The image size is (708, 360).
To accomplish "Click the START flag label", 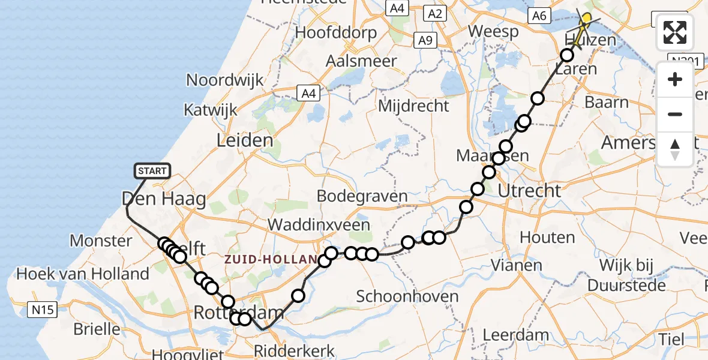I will [x=152, y=172].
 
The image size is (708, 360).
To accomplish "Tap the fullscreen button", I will [x=675, y=32].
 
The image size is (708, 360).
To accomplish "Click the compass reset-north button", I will [x=675, y=149].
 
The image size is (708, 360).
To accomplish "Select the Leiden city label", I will [x=245, y=141].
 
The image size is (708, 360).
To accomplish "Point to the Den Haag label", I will [x=164, y=199].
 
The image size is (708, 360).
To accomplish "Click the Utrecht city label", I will [x=529, y=191].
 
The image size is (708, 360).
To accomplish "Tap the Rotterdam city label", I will [x=238, y=312].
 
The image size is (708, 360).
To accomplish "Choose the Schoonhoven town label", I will [x=407, y=296].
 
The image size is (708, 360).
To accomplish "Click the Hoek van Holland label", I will [x=83, y=274].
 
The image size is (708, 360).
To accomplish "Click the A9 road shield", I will [x=425, y=40].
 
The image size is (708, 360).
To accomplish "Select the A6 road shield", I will [x=539, y=16].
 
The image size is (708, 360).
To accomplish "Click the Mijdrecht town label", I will [x=413, y=106].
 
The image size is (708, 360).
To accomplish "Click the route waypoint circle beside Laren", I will [x=567, y=56].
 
